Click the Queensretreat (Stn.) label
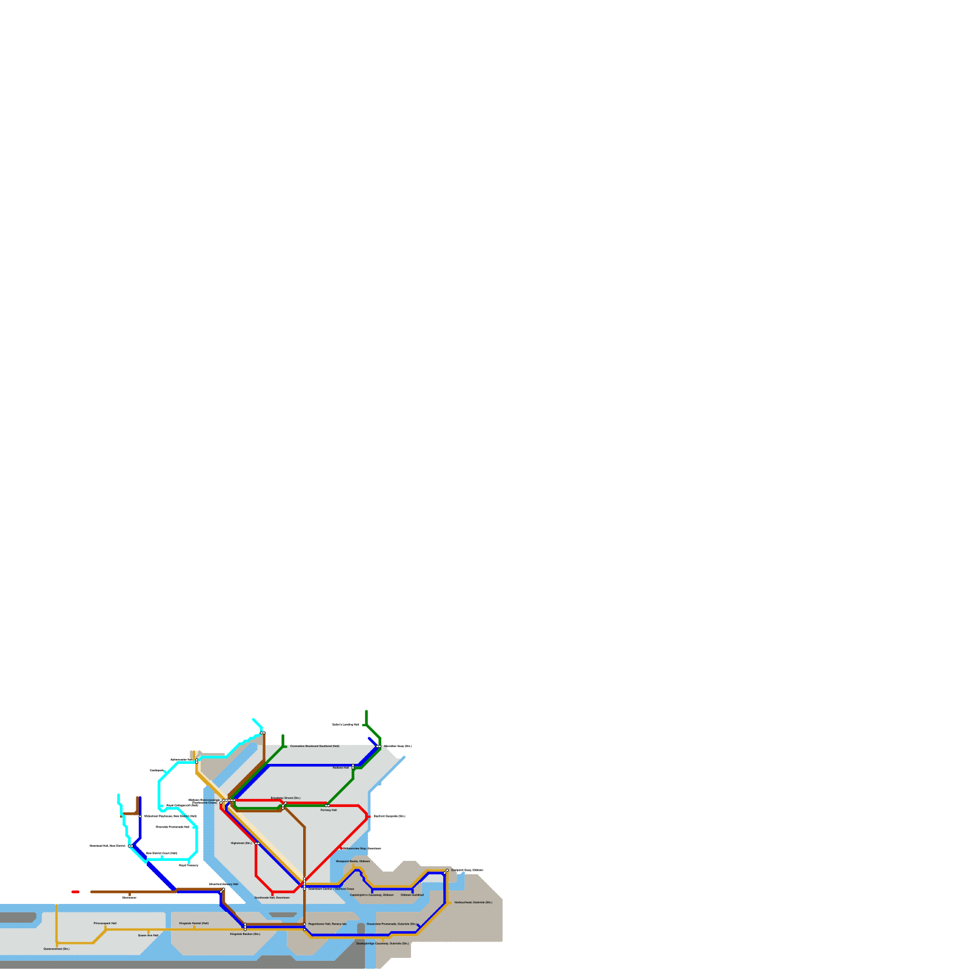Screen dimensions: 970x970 pyautogui.click(x=56, y=949)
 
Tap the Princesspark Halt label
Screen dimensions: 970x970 pyautogui.click(x=105, y=923)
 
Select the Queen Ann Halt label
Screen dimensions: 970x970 pyautogui.click(x=148, y=935)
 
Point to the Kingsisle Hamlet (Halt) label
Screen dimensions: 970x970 pyautogui.click(x=194, y=923)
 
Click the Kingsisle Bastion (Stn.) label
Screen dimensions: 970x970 pyautogui.click(x=245, y=934)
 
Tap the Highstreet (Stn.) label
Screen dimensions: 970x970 pyautogui.click(x=241, y=843)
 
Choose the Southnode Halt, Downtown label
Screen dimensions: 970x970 pyautogui.click(x=272, y=897)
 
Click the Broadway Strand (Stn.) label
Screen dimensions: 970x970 pyautogui.click(x=285, y=798)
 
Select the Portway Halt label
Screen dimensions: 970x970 pyautogui.click(x=329, y=810)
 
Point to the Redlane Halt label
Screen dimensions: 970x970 pyautogui.click(x=341, y=768)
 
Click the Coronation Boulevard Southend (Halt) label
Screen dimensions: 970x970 pyautogui.click(x=315, y=746)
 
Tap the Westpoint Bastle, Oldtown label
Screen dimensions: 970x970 pyautogui.click(x=353, y=861)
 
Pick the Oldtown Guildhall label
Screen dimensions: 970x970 pyautogui.click(x=412, y=895)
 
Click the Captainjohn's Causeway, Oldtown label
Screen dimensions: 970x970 pyautogui.click(x=372, y=895)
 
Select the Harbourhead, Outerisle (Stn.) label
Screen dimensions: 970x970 pyautogui.click(x=473, y=902)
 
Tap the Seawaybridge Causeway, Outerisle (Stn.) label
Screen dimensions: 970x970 pyautogui.click(x=383, y=943)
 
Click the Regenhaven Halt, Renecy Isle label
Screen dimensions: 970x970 pyautogui.click(x=327, y=924)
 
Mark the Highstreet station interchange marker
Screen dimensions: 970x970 pyautogui.click(x=257, y=843)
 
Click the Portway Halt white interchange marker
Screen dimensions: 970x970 pyautogui.click(x=327, y=805)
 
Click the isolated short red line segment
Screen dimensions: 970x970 pyautogui.click(x=75, y=892)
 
